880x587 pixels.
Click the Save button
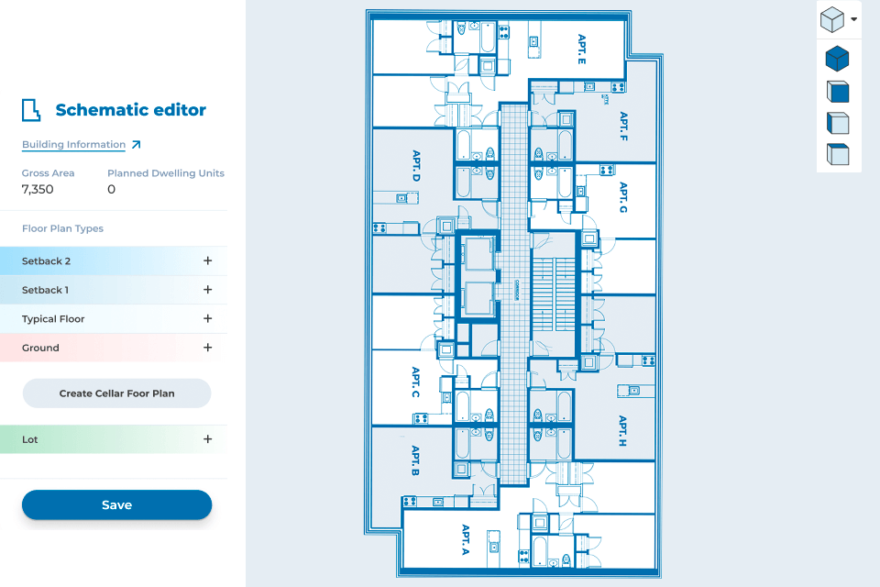click(x=116, y=504)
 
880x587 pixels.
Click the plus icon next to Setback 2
click(x=208, y=260)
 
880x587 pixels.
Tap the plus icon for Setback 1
click(x=208, y=290)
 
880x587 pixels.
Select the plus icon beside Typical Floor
click(x=208, y=319)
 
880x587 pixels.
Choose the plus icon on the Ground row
click(x=208, y=348)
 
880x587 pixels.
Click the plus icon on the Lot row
click(x=208, y=439)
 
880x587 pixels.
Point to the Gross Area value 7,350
click(x=38, y=190)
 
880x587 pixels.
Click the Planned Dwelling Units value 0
click(x=112, y=190)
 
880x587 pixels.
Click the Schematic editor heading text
click(x=130, y=110)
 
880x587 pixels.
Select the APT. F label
click(x=623, y=127)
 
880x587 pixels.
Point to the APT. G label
click(x=623, y=197)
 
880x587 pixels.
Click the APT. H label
click(x=622, y=430)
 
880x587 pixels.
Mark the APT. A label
click(x=466, y=540)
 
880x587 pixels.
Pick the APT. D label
click(x=415, y=165)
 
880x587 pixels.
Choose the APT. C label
click(x=415, y=382)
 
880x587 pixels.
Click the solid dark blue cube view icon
click(x=837, y=60)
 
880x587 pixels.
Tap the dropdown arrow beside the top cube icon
click(x=854, y=18)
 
